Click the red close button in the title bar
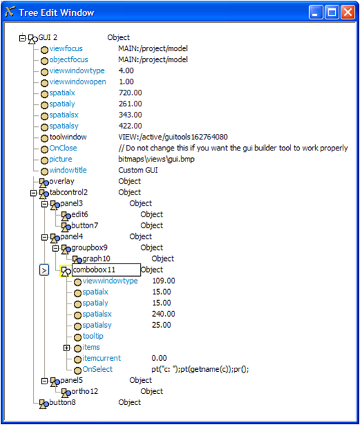348,12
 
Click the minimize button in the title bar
316,12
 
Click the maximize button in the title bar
332,12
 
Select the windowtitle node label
68,170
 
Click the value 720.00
130,92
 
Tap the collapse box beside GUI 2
22,38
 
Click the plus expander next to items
67,348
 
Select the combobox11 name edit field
106,270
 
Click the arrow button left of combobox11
44,270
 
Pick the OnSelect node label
97,369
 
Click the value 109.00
163,281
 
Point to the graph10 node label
96,259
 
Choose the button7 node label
85,226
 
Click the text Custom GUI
138,170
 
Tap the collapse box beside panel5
44,381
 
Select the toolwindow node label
68,137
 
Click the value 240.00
163,314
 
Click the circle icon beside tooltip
78,337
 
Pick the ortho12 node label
85,391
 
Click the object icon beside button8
43,404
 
